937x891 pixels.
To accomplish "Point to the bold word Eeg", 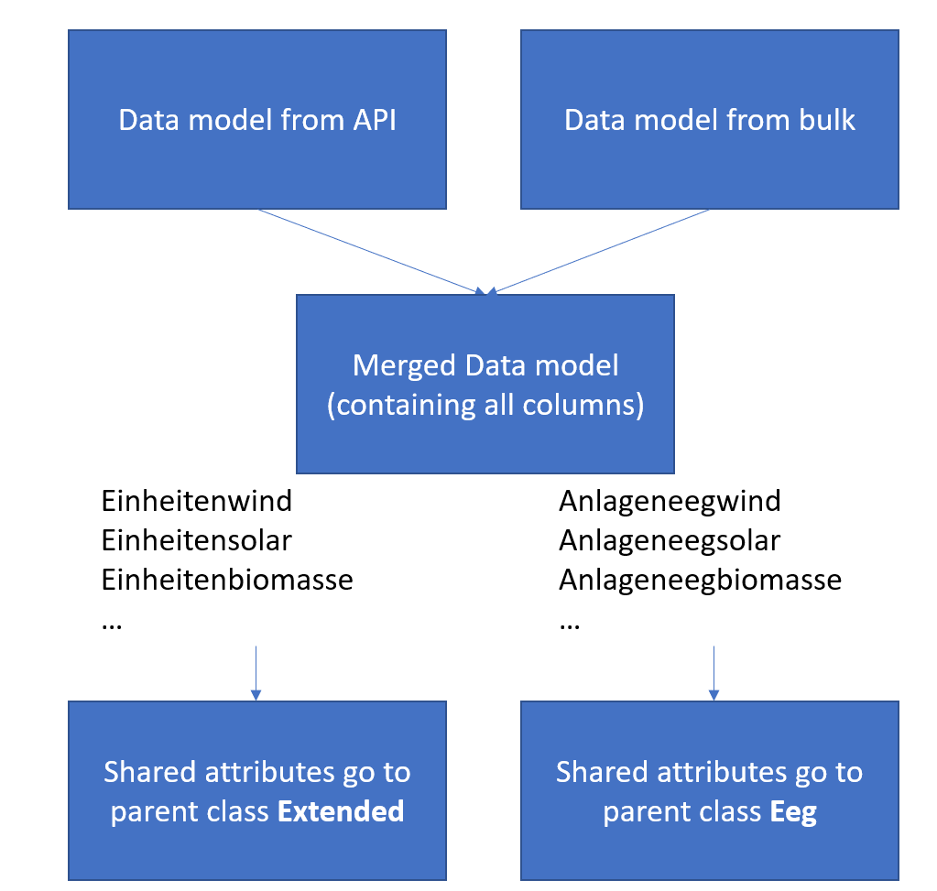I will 793,811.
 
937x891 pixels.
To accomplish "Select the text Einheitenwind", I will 197,501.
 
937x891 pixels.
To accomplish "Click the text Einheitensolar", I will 197,540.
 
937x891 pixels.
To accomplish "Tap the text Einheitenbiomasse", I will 227,580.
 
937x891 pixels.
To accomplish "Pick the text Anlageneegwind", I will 670,501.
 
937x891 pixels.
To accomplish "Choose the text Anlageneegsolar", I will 670,540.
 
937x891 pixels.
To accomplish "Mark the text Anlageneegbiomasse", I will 700,580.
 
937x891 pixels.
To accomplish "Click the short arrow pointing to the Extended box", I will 256,673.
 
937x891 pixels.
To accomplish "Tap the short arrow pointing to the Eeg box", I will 714,673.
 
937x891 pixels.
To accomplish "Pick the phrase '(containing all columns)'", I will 485,406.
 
